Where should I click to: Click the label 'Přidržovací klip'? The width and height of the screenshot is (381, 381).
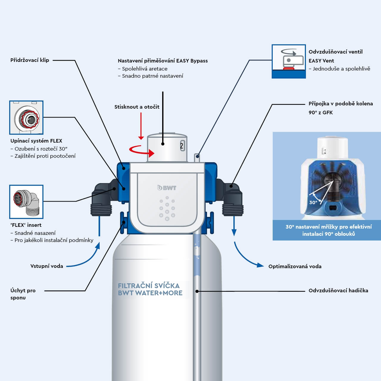29,60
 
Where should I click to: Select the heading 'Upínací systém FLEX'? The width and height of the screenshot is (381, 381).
36,141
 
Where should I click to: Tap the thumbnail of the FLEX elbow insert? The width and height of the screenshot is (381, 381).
26,202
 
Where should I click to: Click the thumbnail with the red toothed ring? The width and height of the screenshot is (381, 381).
26,118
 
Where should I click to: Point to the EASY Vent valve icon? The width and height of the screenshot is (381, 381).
288,62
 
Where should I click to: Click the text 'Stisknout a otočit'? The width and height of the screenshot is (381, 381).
137,107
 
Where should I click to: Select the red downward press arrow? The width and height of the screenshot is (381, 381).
141,127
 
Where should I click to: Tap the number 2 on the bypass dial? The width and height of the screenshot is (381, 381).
182,146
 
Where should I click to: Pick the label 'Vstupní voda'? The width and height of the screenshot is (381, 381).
47,266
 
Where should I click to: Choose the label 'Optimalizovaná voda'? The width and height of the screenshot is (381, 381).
295,266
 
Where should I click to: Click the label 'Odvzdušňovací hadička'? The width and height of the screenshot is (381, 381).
338,291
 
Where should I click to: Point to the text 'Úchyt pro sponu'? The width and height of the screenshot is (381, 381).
23,294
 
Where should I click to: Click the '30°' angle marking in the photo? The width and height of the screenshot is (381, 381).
313,202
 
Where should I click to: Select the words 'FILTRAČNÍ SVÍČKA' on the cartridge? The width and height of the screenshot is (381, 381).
149,286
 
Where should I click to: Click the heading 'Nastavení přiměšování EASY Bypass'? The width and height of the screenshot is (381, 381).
163,61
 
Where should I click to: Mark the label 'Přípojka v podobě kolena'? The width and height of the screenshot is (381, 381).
341,104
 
